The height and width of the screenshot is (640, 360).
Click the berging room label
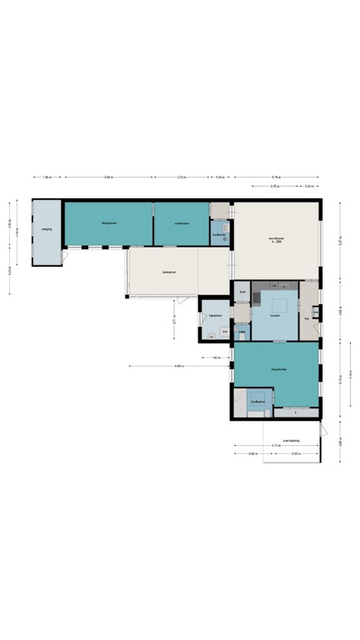[x=47, y=228]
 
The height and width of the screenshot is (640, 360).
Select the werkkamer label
[x=181, y=223]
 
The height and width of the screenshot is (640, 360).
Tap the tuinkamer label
[x=169, y=272]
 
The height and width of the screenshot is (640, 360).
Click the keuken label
[x=274, y=315]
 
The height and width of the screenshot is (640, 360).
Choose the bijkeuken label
[x=214, y=316]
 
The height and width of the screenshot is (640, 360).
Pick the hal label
[x=307, y=317]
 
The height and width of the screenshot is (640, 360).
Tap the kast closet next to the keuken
[x=242, y=292]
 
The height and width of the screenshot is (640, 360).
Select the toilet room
[x=242, y=332]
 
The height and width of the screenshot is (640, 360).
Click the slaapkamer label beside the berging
[x=108, y=223]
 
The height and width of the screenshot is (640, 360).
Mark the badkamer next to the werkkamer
[x=220, y=234]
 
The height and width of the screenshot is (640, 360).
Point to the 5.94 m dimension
[x=109, y=177]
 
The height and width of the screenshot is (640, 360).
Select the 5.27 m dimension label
[x=340, y=239]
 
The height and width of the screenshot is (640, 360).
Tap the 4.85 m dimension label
[x=178, y=366]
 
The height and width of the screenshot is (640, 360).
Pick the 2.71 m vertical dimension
[x=174, y=317]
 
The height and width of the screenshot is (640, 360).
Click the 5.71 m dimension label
[x=276, y=446]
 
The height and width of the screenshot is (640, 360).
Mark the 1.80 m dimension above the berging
[x=47, y=177]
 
